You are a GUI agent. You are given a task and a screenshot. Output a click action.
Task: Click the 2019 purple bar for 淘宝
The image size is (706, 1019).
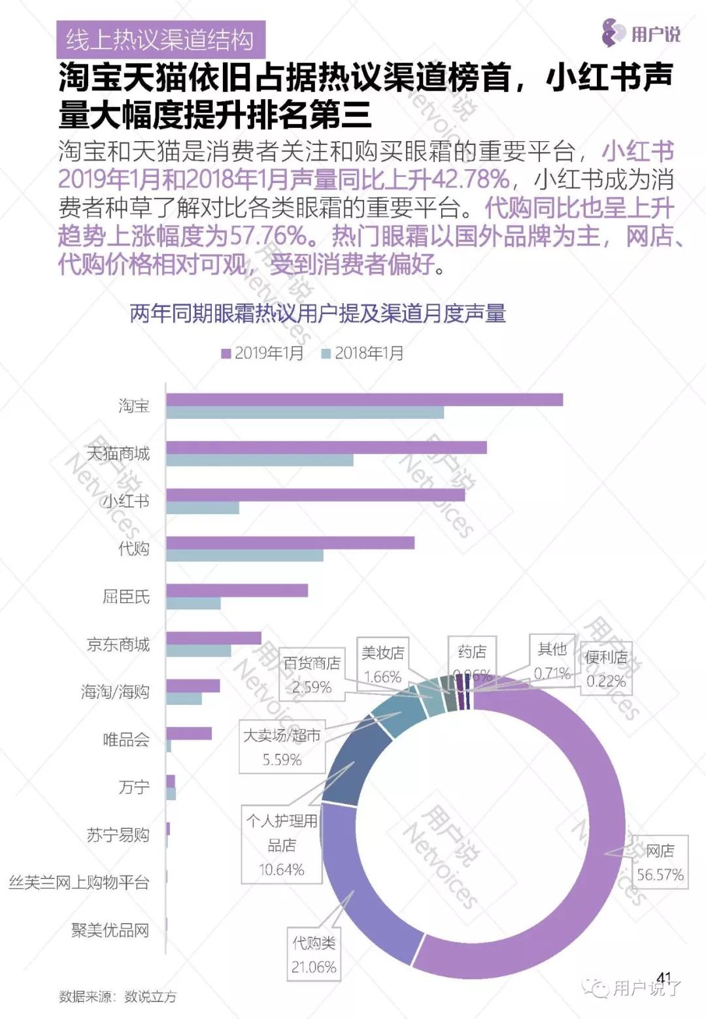pos(364,400)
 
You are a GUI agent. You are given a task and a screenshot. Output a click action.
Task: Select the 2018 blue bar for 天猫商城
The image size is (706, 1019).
pos(260,460)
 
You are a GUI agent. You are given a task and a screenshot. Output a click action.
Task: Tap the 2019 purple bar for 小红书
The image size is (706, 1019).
pos(315,495)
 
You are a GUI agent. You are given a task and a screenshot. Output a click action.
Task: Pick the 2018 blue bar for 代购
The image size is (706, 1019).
pos(244,555)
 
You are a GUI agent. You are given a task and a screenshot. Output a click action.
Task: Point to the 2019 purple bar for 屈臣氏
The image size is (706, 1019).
pos(237,590)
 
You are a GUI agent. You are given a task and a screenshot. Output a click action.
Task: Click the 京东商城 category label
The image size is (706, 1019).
pos(118,645)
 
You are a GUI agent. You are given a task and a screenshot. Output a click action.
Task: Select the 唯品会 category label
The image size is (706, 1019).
pos(126,740)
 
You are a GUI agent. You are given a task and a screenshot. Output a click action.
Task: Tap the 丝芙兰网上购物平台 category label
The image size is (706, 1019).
pos(79,882)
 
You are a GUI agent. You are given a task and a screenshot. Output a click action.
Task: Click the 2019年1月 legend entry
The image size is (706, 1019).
pos(263,353)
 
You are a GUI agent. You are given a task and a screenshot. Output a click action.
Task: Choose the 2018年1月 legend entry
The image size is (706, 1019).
pos(363,353)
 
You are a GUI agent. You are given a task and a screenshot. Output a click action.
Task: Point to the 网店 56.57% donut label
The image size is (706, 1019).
pos(660,862)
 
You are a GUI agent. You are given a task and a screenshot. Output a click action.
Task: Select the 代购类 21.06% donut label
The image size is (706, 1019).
pos(314,954)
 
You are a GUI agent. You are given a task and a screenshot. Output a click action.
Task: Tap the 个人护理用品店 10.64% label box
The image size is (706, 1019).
pos(282,845)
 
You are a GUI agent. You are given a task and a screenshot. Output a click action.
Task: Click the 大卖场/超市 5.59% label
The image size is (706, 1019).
pos(282,747)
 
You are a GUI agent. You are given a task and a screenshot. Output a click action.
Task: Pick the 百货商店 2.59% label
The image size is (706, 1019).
pos(312,675)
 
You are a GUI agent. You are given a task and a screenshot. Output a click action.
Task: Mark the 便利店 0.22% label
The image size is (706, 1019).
pos(606,669)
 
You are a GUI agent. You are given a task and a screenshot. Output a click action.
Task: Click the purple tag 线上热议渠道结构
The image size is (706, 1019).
pos(160,40)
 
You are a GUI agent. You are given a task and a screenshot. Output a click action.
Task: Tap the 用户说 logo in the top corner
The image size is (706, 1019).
pos(641,33)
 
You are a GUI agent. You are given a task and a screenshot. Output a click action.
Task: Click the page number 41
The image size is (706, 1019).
pos(664,978)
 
